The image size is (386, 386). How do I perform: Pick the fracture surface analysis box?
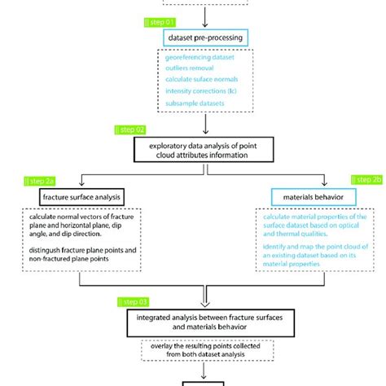click(x=80, y=196)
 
